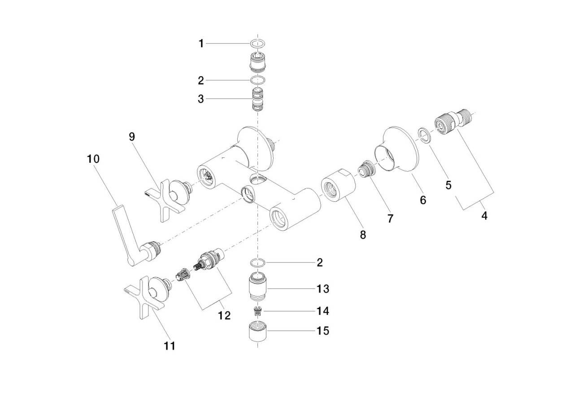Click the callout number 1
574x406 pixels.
tap(201, 44)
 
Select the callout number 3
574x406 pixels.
tap(201, 99)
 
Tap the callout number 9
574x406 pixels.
tap(132, 136)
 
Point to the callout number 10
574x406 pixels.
tap(94, 159)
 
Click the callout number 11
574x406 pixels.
tap(170, 346)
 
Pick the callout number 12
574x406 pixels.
tap(224, 315)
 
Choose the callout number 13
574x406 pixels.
tap(323, 288)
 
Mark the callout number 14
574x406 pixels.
tap(323, 310)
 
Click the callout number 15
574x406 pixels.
tap(323, 331)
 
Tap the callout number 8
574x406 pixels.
tap(363, 234)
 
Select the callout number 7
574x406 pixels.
tap(390, 218)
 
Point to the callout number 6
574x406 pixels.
tap(423, 200)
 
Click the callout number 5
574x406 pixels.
tap(448, 185)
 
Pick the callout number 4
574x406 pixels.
tap(484, 216)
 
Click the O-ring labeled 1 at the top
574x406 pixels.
tap(257, 44)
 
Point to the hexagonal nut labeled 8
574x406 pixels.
tap(339, 188)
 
